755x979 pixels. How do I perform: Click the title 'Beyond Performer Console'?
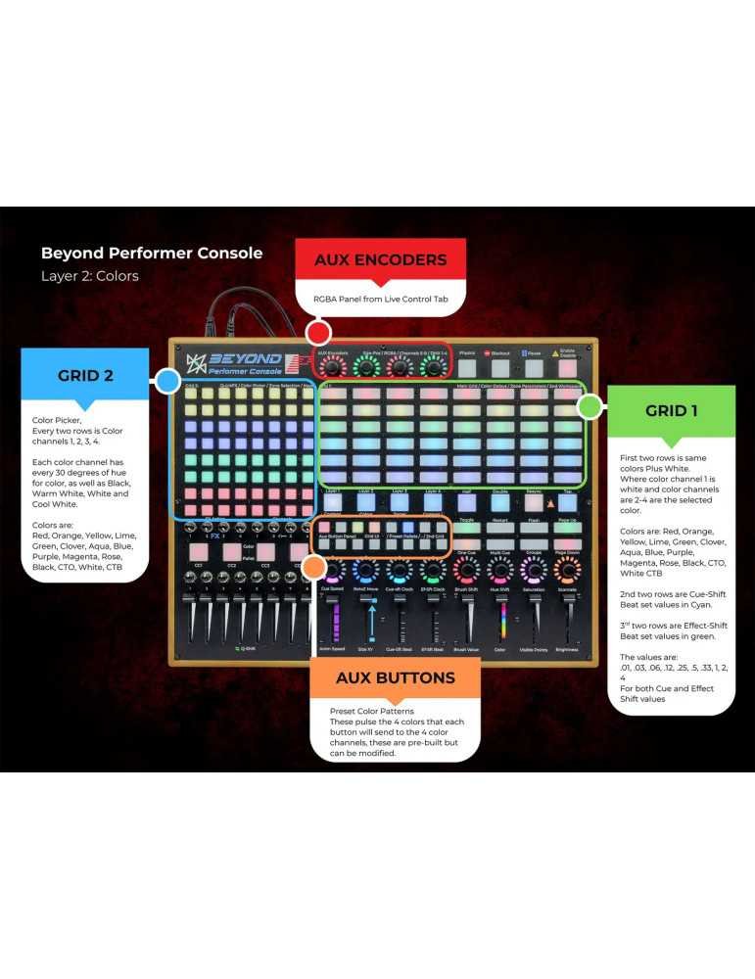pyautogui.click(x=151, y=253)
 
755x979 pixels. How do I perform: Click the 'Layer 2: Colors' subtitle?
pyautogui.click(x=89, y=276)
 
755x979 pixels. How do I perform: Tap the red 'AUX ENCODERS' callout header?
pyautogui.click(x=380, y=260)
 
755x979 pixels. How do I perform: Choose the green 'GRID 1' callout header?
pyautogui.click(x=671, y=410)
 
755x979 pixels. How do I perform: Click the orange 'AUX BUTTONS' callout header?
pyautogui.click(x=395, y=677)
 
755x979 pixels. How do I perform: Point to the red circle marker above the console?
pyautogui.click(x=317, y=331)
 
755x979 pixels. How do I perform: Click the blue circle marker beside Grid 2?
pyautogui.click(x=167, y=382)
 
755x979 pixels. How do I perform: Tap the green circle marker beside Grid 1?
pyautogui.click(x=590, y=405)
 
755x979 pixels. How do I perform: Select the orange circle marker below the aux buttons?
pyautogui.click(x=313, y=567)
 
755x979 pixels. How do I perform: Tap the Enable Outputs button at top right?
pyautogui.click(x=567, y=367)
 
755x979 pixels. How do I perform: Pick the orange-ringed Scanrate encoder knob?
pyautogui.click(x=567, y=571)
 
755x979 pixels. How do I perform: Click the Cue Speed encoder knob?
pyautogui.click(x=332, y=571)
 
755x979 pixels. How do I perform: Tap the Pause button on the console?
pyautogui.click(x=534, y=367)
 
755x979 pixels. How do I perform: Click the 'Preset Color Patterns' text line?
pyautogui.click(x=371, y=711)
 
